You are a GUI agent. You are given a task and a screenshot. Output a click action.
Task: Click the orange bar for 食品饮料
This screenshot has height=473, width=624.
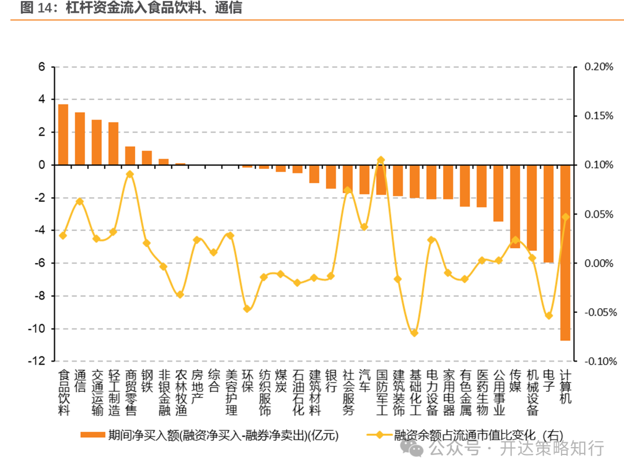coord(63,135)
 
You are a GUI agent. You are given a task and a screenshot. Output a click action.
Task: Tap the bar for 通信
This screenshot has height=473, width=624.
coord(80,139)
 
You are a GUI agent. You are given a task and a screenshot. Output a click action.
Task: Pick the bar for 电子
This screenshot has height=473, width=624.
coord(548,214)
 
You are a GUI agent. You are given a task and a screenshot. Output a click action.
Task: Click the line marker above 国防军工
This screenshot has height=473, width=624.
coord(381,160)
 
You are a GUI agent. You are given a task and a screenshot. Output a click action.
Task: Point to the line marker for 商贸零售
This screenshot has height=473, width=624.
coord(130,174)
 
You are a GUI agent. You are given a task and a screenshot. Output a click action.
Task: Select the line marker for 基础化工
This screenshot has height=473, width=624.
coord(414,333)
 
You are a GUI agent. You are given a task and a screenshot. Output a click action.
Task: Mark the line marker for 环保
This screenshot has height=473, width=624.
coord(247,309)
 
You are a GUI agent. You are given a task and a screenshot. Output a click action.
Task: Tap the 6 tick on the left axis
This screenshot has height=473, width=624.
coord(42,67)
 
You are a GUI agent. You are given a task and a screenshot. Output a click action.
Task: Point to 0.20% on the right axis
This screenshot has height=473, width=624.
coord(599,67)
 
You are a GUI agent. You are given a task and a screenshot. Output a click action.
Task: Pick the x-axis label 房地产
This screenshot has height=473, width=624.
coord(197,387)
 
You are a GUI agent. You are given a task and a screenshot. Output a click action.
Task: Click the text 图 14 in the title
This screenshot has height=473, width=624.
coord(32,8)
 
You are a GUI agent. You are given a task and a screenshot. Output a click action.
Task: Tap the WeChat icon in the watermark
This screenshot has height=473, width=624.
coord(415,448)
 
